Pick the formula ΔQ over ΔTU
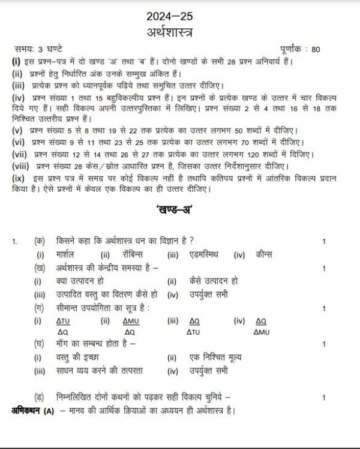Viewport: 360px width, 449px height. pos(194,327)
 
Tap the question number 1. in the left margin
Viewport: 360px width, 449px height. pos(14,242)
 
